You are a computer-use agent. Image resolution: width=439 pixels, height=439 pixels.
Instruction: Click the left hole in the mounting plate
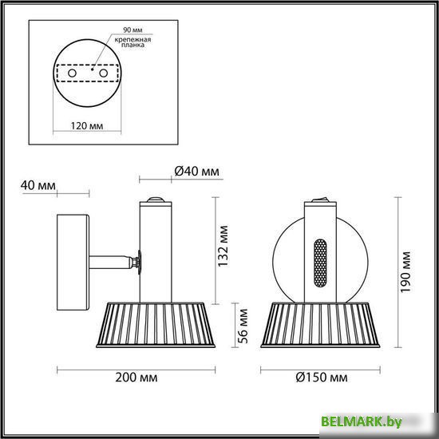coord(73,73)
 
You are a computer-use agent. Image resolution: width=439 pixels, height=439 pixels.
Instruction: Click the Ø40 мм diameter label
coord(195,172)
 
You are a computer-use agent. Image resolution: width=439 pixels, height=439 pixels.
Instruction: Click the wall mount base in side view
coord(73,262)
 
